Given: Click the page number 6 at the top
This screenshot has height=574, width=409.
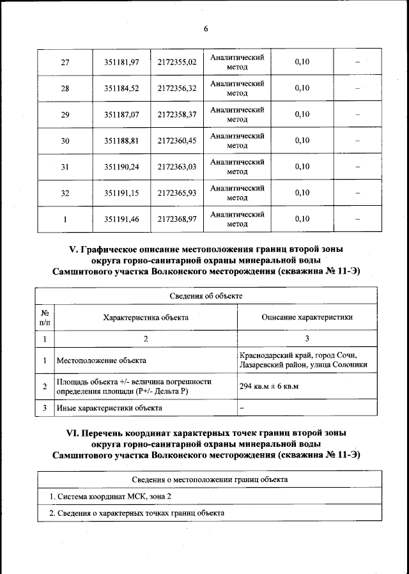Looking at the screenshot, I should click(x=206, y=29).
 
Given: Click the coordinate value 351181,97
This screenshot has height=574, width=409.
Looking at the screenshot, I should click(x=121, y=62).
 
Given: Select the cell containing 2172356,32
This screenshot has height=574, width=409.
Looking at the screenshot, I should click(x=177, y=88).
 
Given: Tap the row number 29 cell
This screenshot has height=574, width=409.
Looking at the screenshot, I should click(x=65, y=114).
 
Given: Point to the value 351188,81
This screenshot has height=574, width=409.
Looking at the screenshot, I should click(x=121, y=141).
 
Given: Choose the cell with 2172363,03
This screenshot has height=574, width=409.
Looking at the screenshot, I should click(x=177, y=167).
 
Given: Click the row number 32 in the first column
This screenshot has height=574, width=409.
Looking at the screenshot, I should click(x=65, y=193).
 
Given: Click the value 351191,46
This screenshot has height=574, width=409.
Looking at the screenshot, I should click(x=121, y=219).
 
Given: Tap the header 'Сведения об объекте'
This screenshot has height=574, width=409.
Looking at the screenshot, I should click(x=205, y=296).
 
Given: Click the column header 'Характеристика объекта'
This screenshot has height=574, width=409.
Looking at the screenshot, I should click(x=146, y=317).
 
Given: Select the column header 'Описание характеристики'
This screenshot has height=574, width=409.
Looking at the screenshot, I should click(x=307, y=317).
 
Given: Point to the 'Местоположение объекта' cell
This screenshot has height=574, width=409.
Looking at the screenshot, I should click(x=102, y=361).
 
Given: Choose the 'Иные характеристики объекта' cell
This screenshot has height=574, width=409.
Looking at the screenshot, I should click(x=109, y=407).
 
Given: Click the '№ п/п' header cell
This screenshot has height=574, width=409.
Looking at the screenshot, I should click(x=45, y=317).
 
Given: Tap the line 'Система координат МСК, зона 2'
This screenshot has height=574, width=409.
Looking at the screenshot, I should click(x=111, y=497).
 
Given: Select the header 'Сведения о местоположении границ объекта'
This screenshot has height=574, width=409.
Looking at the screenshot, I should click(x=210, y=479).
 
